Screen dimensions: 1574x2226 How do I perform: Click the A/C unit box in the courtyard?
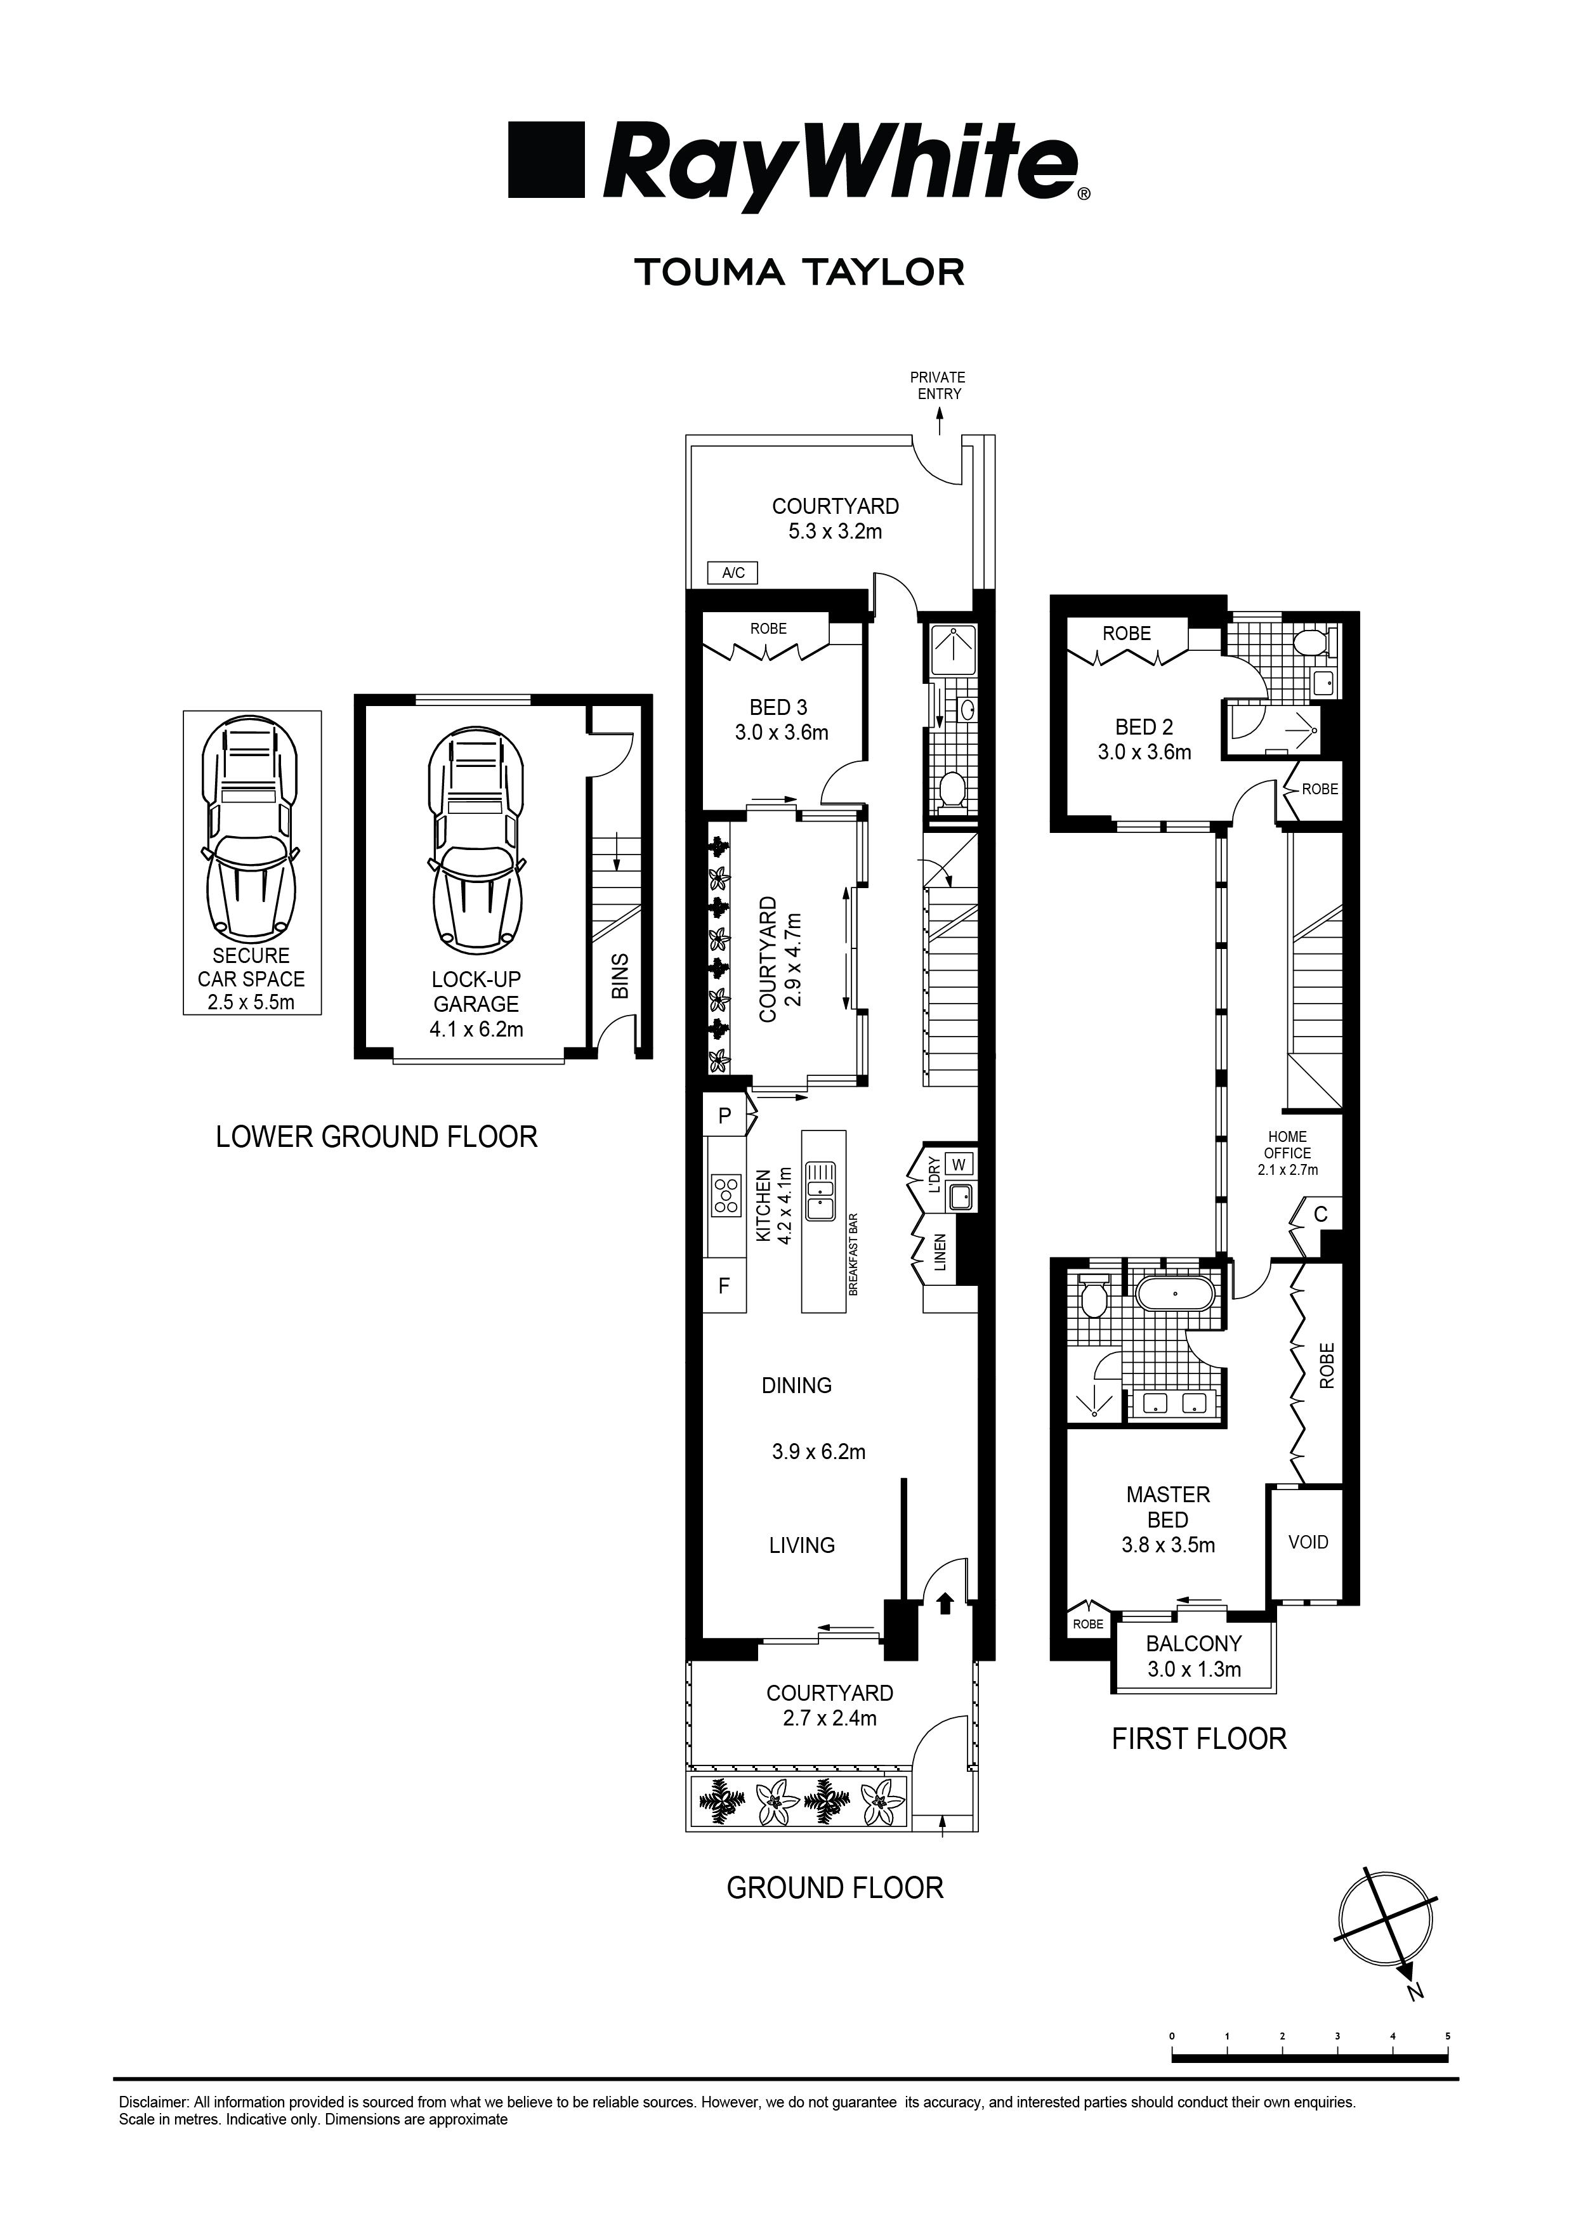point(733,572)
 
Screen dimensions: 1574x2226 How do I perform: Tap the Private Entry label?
point(938,385)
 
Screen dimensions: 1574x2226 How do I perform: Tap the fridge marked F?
point(723,1286)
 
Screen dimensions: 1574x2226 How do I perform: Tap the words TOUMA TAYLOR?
point(799,272)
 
